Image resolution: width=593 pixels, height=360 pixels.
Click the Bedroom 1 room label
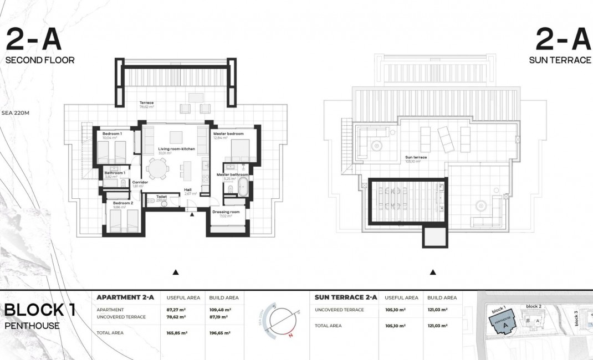(113, 134)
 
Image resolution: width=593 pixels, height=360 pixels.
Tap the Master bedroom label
(228, 134)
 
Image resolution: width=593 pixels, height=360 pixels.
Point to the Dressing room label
(226, 212)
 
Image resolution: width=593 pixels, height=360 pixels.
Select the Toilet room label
(162, 197)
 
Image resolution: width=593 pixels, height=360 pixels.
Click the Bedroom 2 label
(123, 203)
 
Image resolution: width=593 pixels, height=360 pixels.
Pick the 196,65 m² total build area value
(220, 333)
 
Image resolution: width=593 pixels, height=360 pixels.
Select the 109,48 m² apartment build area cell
(220, 310)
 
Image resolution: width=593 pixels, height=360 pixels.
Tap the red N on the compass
(289, 335)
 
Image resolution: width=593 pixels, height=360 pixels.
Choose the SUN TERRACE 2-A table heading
(346, 297)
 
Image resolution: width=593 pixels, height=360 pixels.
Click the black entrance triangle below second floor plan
(176, 272)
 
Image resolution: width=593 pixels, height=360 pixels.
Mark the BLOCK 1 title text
(40, 310)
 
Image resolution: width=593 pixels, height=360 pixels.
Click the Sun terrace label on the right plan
(416, 157)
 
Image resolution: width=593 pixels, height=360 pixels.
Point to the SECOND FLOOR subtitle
(40, 60)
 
